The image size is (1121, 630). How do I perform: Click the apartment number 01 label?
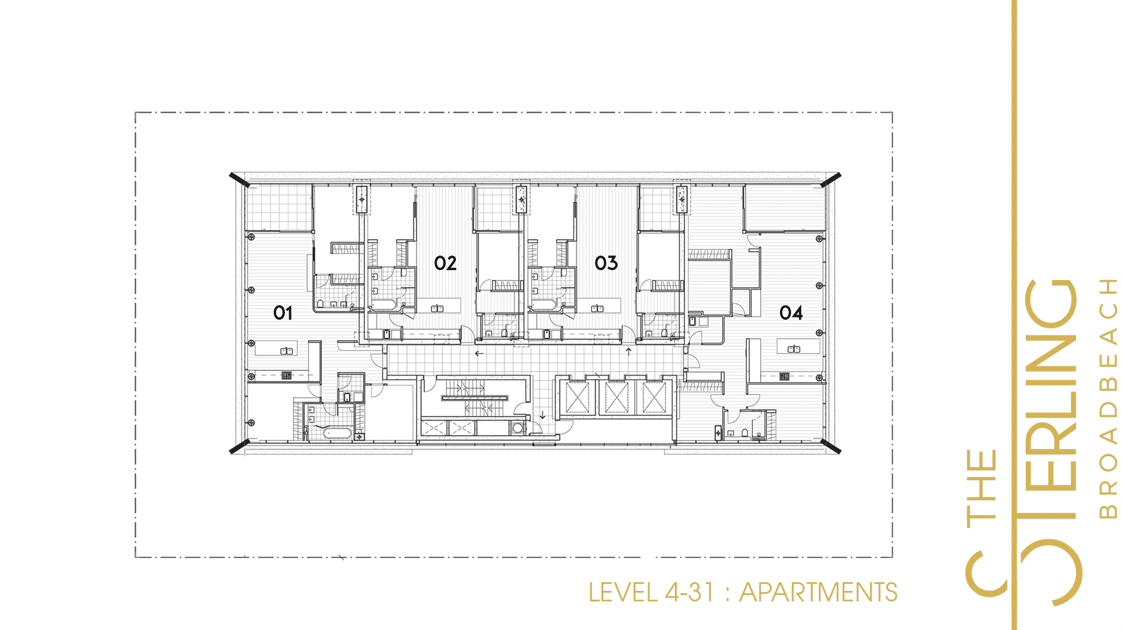click(283, 313)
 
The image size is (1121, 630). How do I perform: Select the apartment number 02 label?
click(445, 263)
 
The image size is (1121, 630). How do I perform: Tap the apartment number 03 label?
click(606, 263)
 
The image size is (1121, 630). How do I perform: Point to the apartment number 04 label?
click(791, 313)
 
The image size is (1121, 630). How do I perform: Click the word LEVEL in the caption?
click(623, 593)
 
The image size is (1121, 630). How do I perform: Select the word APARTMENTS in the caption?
click(818, 593)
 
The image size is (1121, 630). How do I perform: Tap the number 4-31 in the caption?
click(690, 593)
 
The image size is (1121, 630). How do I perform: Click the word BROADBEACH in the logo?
click(1108, 398)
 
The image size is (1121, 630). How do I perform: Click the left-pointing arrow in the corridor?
click(479, 353)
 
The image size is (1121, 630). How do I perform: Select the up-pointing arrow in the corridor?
click(628, 351)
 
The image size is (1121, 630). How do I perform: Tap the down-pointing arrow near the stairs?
click(542, 415)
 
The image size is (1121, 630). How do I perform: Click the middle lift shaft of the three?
click(617, 398)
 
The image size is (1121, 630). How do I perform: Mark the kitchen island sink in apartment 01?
click(287, 351)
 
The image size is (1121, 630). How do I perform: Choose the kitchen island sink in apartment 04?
click(794, 349)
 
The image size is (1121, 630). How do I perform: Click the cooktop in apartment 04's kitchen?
click(784, 376)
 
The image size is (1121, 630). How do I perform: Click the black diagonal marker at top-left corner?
click(239, 180)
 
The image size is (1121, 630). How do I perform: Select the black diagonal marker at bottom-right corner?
click(830, 446)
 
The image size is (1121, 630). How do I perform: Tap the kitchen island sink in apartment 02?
click(437, 309)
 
